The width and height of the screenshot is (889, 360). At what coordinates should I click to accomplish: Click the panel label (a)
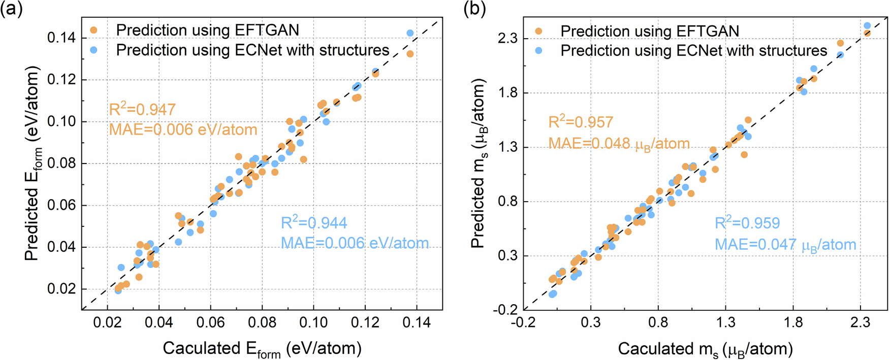(x=11, y=10)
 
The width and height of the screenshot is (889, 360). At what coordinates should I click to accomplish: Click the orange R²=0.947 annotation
(x=142, y=109)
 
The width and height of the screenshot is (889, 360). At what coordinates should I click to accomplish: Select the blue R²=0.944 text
(x=314, y=222)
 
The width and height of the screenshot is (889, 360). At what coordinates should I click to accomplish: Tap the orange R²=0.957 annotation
(x=581, y=122)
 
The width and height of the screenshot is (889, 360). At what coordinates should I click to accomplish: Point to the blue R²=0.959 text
(x=747, y=223)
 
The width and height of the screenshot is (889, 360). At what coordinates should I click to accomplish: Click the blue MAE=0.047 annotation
(x=785, y=245)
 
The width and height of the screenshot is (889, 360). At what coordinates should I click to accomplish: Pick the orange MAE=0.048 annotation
(x=619, y=144)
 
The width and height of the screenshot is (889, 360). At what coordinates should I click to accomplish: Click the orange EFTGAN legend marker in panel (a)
(x=93, y=30)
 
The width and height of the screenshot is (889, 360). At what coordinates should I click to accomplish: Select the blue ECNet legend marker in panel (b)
(x=538, y=51)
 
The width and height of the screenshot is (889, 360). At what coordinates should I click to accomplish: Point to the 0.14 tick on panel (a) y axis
(x=61, y=38)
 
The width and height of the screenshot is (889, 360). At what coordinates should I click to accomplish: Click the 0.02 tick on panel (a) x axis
(x=107, y=322)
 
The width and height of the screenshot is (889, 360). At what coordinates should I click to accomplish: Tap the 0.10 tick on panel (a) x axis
(x=313, y=322)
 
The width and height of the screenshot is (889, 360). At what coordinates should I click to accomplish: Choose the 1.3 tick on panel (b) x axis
(x=725, y=322)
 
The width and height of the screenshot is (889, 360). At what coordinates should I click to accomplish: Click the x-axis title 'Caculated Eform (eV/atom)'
(x=262, y=349)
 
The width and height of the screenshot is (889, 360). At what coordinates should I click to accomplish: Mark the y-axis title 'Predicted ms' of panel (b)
(x=478, y=163)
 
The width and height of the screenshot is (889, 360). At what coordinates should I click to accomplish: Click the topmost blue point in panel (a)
(x=410, y=33)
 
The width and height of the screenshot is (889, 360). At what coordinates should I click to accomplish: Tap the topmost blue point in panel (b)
(x=867, y=25)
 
